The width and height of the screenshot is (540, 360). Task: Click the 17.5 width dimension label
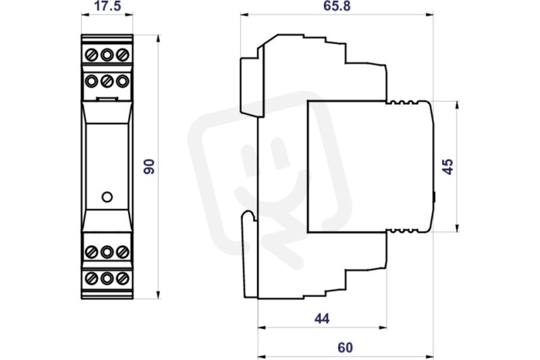pyautogui.click(x=107, y=6)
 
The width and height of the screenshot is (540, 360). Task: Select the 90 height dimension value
pyautogui.click(x=149, y=166)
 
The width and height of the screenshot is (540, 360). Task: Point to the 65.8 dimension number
pyautogui.click(x=337, y=6)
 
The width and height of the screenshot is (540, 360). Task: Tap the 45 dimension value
pyautogui.click(x=448, y=167)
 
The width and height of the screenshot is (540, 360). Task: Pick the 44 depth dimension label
pyautogui.click(x=322, y=319)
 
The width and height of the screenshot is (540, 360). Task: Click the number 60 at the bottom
pyautogui.click(x=345, y=348)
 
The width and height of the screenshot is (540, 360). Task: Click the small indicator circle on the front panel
pyautogui.click(x=107, y=197)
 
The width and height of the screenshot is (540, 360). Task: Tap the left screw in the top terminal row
pyautogui.click(x=91, y=55)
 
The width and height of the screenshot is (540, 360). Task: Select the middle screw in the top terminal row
pyautogui.click(x=107, y=55)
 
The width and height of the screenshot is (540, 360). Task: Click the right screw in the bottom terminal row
pyautogui.click(x=123, y=278)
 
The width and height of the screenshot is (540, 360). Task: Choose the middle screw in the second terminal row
pyautogui.click(x=107, y=81)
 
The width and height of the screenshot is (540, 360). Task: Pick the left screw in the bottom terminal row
pyautogui.click(x=91, y=278)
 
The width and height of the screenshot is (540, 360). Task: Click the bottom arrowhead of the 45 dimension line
pyautogui.click(x=458, y=228)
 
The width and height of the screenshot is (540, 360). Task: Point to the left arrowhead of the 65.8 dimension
pyautogui.click(x=244, y=14)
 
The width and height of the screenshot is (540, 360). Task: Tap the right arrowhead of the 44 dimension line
pyautogui.click(x=383, y=328)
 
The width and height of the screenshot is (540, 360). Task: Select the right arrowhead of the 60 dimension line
pyautogui.click(x=429, y=356)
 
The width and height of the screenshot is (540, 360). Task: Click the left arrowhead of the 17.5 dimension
pyautogui.click(x=85, y=14)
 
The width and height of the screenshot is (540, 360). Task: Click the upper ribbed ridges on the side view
pyautogui.click(x=403, y=102)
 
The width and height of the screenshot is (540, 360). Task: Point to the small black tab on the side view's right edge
pyautogui.click(x=434, y=197)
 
